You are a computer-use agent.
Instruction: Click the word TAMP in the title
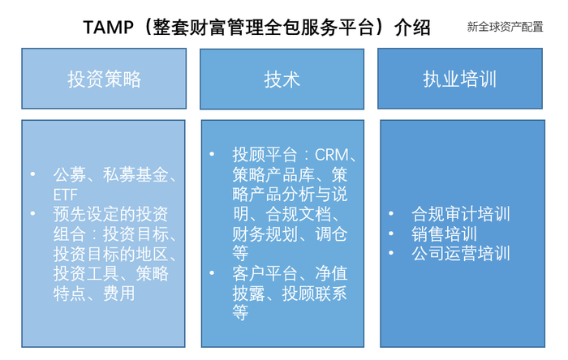point(108,27)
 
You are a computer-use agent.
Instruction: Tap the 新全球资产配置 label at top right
point(505,27)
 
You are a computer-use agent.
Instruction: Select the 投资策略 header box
point(104,79)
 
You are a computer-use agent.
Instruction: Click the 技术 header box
point(282,79)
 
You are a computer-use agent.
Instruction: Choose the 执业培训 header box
point(460,79)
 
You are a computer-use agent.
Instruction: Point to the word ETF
point(65,195)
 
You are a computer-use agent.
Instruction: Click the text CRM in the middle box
point(331,155)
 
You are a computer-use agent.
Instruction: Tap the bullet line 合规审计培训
point(461,214)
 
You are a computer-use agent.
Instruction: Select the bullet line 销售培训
point(444,234)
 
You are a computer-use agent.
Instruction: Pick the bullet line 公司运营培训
point(461,253)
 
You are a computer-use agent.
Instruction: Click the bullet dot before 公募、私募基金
point(32,174)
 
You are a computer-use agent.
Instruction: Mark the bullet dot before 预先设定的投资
point(32,213)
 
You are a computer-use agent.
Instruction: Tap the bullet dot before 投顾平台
point(212,155)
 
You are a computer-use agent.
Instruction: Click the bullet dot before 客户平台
point(212,272)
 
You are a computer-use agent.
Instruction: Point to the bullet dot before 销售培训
point(391,234)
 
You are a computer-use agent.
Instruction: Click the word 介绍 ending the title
point(412,27)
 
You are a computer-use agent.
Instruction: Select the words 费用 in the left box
point(119,293)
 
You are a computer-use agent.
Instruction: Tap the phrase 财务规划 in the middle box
point(265,234)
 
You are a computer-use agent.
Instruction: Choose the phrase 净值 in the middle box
point(331,273)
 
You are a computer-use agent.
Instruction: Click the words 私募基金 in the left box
point(136,175)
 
